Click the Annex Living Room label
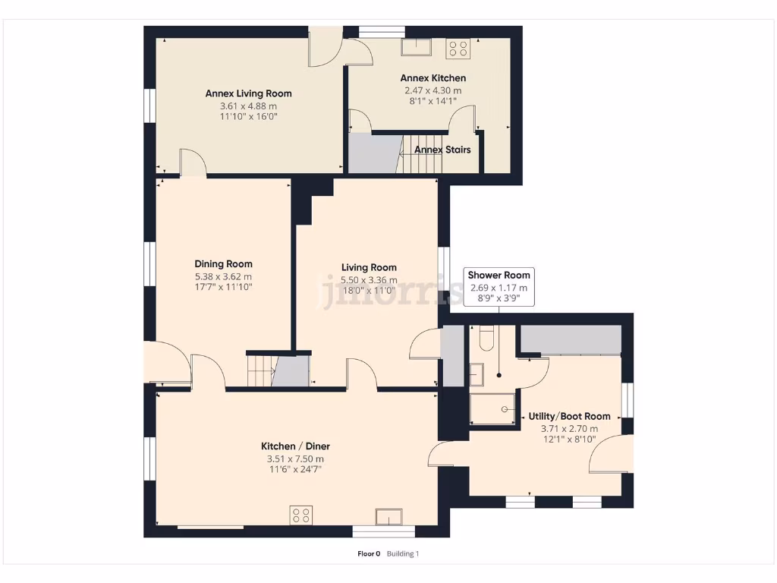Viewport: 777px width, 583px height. click(x=248, y=93)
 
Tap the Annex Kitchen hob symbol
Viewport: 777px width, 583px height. click(x=458, y=49)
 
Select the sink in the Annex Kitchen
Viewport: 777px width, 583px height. click(x=417, y=47)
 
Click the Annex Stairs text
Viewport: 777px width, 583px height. click(x=442, y=150)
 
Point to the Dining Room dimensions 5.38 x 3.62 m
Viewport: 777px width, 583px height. click(x=223, y=276)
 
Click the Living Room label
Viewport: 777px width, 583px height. click(x=369, y=267)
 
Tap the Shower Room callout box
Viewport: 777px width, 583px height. click(x=499, y=286)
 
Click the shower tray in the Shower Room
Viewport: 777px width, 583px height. click(x=492, y=408)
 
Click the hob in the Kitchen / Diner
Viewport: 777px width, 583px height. click(x=300, y=515)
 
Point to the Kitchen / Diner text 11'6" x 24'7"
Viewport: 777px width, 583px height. click(x=295, y=469)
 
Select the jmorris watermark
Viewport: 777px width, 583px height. click(x=391, y=292)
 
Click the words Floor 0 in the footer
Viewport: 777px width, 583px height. click(x=369, y=553)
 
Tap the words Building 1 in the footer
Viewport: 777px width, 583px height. click(x=403, y=553)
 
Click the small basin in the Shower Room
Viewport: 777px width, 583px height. click(x=477, y=373)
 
